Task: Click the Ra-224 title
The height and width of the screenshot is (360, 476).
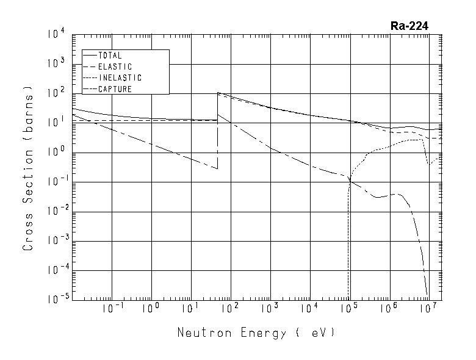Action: coord(409,26)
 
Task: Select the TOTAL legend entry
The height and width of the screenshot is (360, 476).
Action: coord(110,56)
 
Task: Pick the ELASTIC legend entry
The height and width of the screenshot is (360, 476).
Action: coord(115,67)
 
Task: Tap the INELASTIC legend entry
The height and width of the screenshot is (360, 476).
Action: coord(120,78)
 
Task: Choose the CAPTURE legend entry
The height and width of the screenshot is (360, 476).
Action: coord(115,89)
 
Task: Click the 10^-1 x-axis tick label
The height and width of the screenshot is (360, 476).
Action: coord(111,309)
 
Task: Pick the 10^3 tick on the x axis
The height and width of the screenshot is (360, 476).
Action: coord(270,309)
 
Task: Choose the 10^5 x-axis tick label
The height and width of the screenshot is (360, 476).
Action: coord(349,309)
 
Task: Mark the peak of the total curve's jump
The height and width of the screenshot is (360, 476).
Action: coord(218,93)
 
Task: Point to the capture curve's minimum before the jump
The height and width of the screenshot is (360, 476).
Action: coord(217,168)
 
